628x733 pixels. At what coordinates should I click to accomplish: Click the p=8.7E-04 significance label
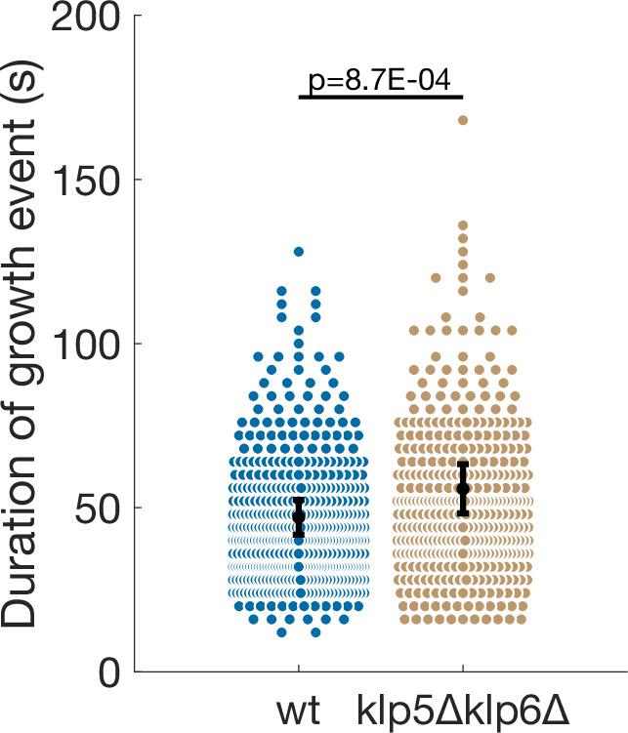[379, 80]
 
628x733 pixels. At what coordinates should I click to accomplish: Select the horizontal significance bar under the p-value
[379, 98]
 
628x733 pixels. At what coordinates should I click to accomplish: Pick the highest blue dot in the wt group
[299, 252]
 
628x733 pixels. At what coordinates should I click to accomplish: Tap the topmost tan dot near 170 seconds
[463, 120]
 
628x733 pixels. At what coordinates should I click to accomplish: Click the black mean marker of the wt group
[299, 517]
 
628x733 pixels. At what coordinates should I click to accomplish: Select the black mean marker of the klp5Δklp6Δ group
[463, 488]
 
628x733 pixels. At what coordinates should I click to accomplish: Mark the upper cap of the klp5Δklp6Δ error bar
[463, 464]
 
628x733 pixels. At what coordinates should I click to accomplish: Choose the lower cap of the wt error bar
[299, 536]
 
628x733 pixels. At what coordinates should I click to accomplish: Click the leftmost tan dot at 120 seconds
[436, 278]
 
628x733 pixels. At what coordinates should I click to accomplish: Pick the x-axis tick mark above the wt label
[298, 667]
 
